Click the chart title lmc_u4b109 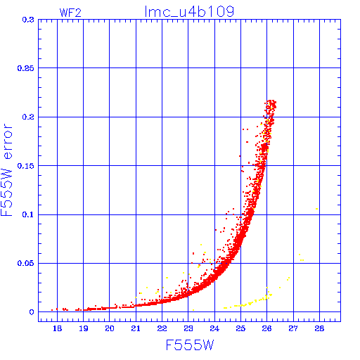(189, 11)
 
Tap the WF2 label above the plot (70, 13)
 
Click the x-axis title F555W (190, 345)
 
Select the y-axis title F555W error (7, 170)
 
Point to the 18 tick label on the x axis (57, 328)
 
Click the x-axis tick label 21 (136, 328)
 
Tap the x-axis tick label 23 (188, 328)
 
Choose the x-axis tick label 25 (240, 328)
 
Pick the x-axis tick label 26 (266, 328)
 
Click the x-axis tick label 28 (319, 328)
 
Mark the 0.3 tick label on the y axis (28, 20)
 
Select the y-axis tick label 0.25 (26, 68)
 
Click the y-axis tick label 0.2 (28, 117)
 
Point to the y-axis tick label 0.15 (26, 166)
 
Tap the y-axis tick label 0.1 (28, 214)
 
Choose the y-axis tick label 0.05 (26, 263)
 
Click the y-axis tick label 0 (32, 312)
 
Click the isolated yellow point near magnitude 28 (317, 209)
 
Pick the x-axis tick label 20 (110, 328)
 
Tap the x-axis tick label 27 (293, 328)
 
